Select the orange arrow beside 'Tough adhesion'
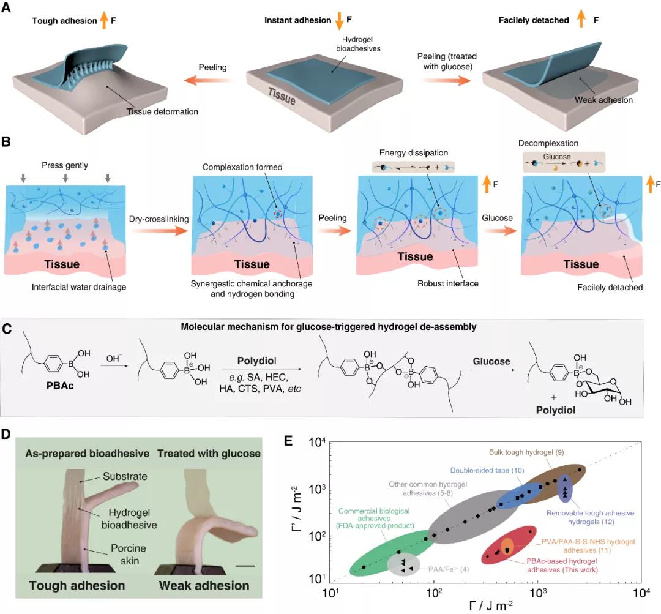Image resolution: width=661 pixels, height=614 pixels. [104, 20]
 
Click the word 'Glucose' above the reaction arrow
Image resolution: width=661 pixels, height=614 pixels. [491, 361]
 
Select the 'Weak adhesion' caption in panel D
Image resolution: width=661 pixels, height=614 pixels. [204, 585]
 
